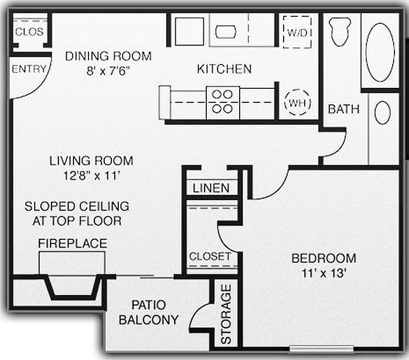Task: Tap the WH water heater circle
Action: [x=296, y=103]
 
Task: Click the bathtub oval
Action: [x=380, y=52]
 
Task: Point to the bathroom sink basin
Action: [x=383, y=112]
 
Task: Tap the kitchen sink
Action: [x=225, y=31]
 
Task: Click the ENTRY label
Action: [x=29, y=68]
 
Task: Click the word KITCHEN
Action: [x=224, y=69]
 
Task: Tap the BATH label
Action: [x=343, y=109]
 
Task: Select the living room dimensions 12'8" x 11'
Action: [x=91, y=174]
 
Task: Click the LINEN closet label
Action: [x=212, y=188]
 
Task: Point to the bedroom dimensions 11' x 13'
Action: [x=324, y=272]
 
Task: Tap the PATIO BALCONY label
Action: [x=148, y=313]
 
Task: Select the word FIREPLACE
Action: [x=73, y=243]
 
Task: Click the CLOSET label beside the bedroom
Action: [x=209, y=256]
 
